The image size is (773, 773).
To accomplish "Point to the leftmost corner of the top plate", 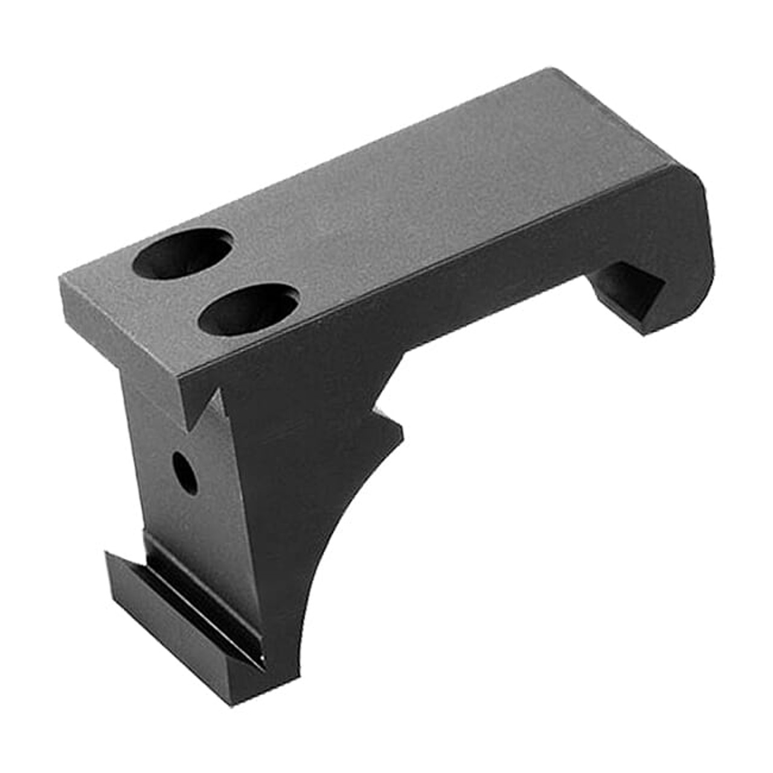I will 60,278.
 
